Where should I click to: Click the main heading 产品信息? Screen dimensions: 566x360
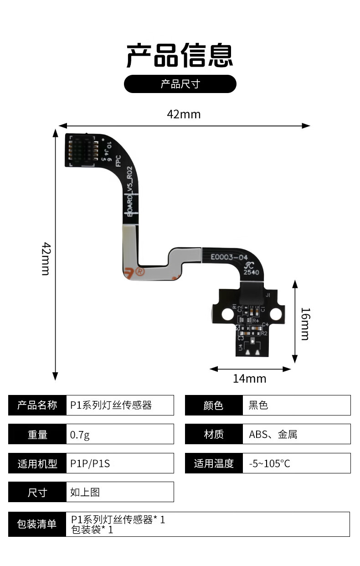tap(180, 56)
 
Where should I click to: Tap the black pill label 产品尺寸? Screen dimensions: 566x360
tap(180, 84)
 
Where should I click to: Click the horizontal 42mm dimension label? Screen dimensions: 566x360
tap(184, 114)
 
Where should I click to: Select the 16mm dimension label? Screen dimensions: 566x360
tap(305, 324)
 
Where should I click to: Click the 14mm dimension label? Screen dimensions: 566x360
tap(249, 379)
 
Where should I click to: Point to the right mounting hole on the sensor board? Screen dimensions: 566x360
tap(275, 314)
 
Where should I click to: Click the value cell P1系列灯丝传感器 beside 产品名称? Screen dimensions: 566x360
tap(111, 405)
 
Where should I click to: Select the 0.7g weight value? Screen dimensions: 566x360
tap(80, 434)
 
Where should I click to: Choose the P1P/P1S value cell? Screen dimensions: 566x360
tap(90, 463)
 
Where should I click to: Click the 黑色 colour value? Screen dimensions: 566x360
tap(258, 405)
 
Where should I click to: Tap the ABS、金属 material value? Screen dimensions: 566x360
tap(273, 434)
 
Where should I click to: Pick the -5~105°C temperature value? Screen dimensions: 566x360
tap(270, 463)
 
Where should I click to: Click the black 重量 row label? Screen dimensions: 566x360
tap(37, 434)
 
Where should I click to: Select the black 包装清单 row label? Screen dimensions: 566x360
tap(37, 524)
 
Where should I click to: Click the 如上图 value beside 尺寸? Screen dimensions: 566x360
tap(85, 492)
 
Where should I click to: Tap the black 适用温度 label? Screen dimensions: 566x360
tap(214, 463)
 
